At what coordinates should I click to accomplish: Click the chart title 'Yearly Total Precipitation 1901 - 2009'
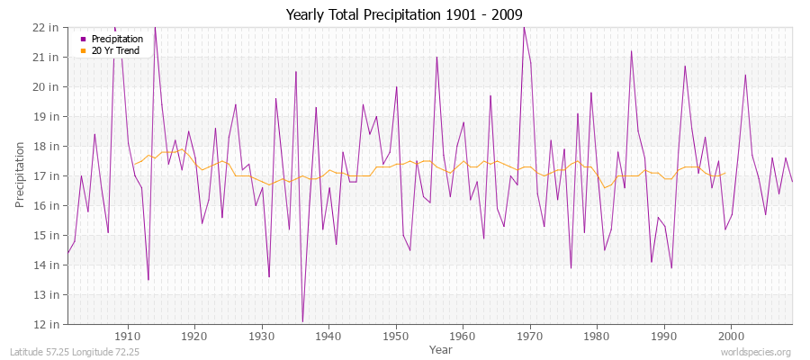click(404, 14)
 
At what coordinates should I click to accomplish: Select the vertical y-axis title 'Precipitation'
click(20, 175)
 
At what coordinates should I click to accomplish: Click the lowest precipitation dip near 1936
click(302, 321)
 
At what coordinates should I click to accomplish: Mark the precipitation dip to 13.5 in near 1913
click(148, 279)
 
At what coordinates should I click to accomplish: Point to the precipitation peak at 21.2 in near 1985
click(631, 51)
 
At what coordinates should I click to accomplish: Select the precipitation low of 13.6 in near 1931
click(269, 276)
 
